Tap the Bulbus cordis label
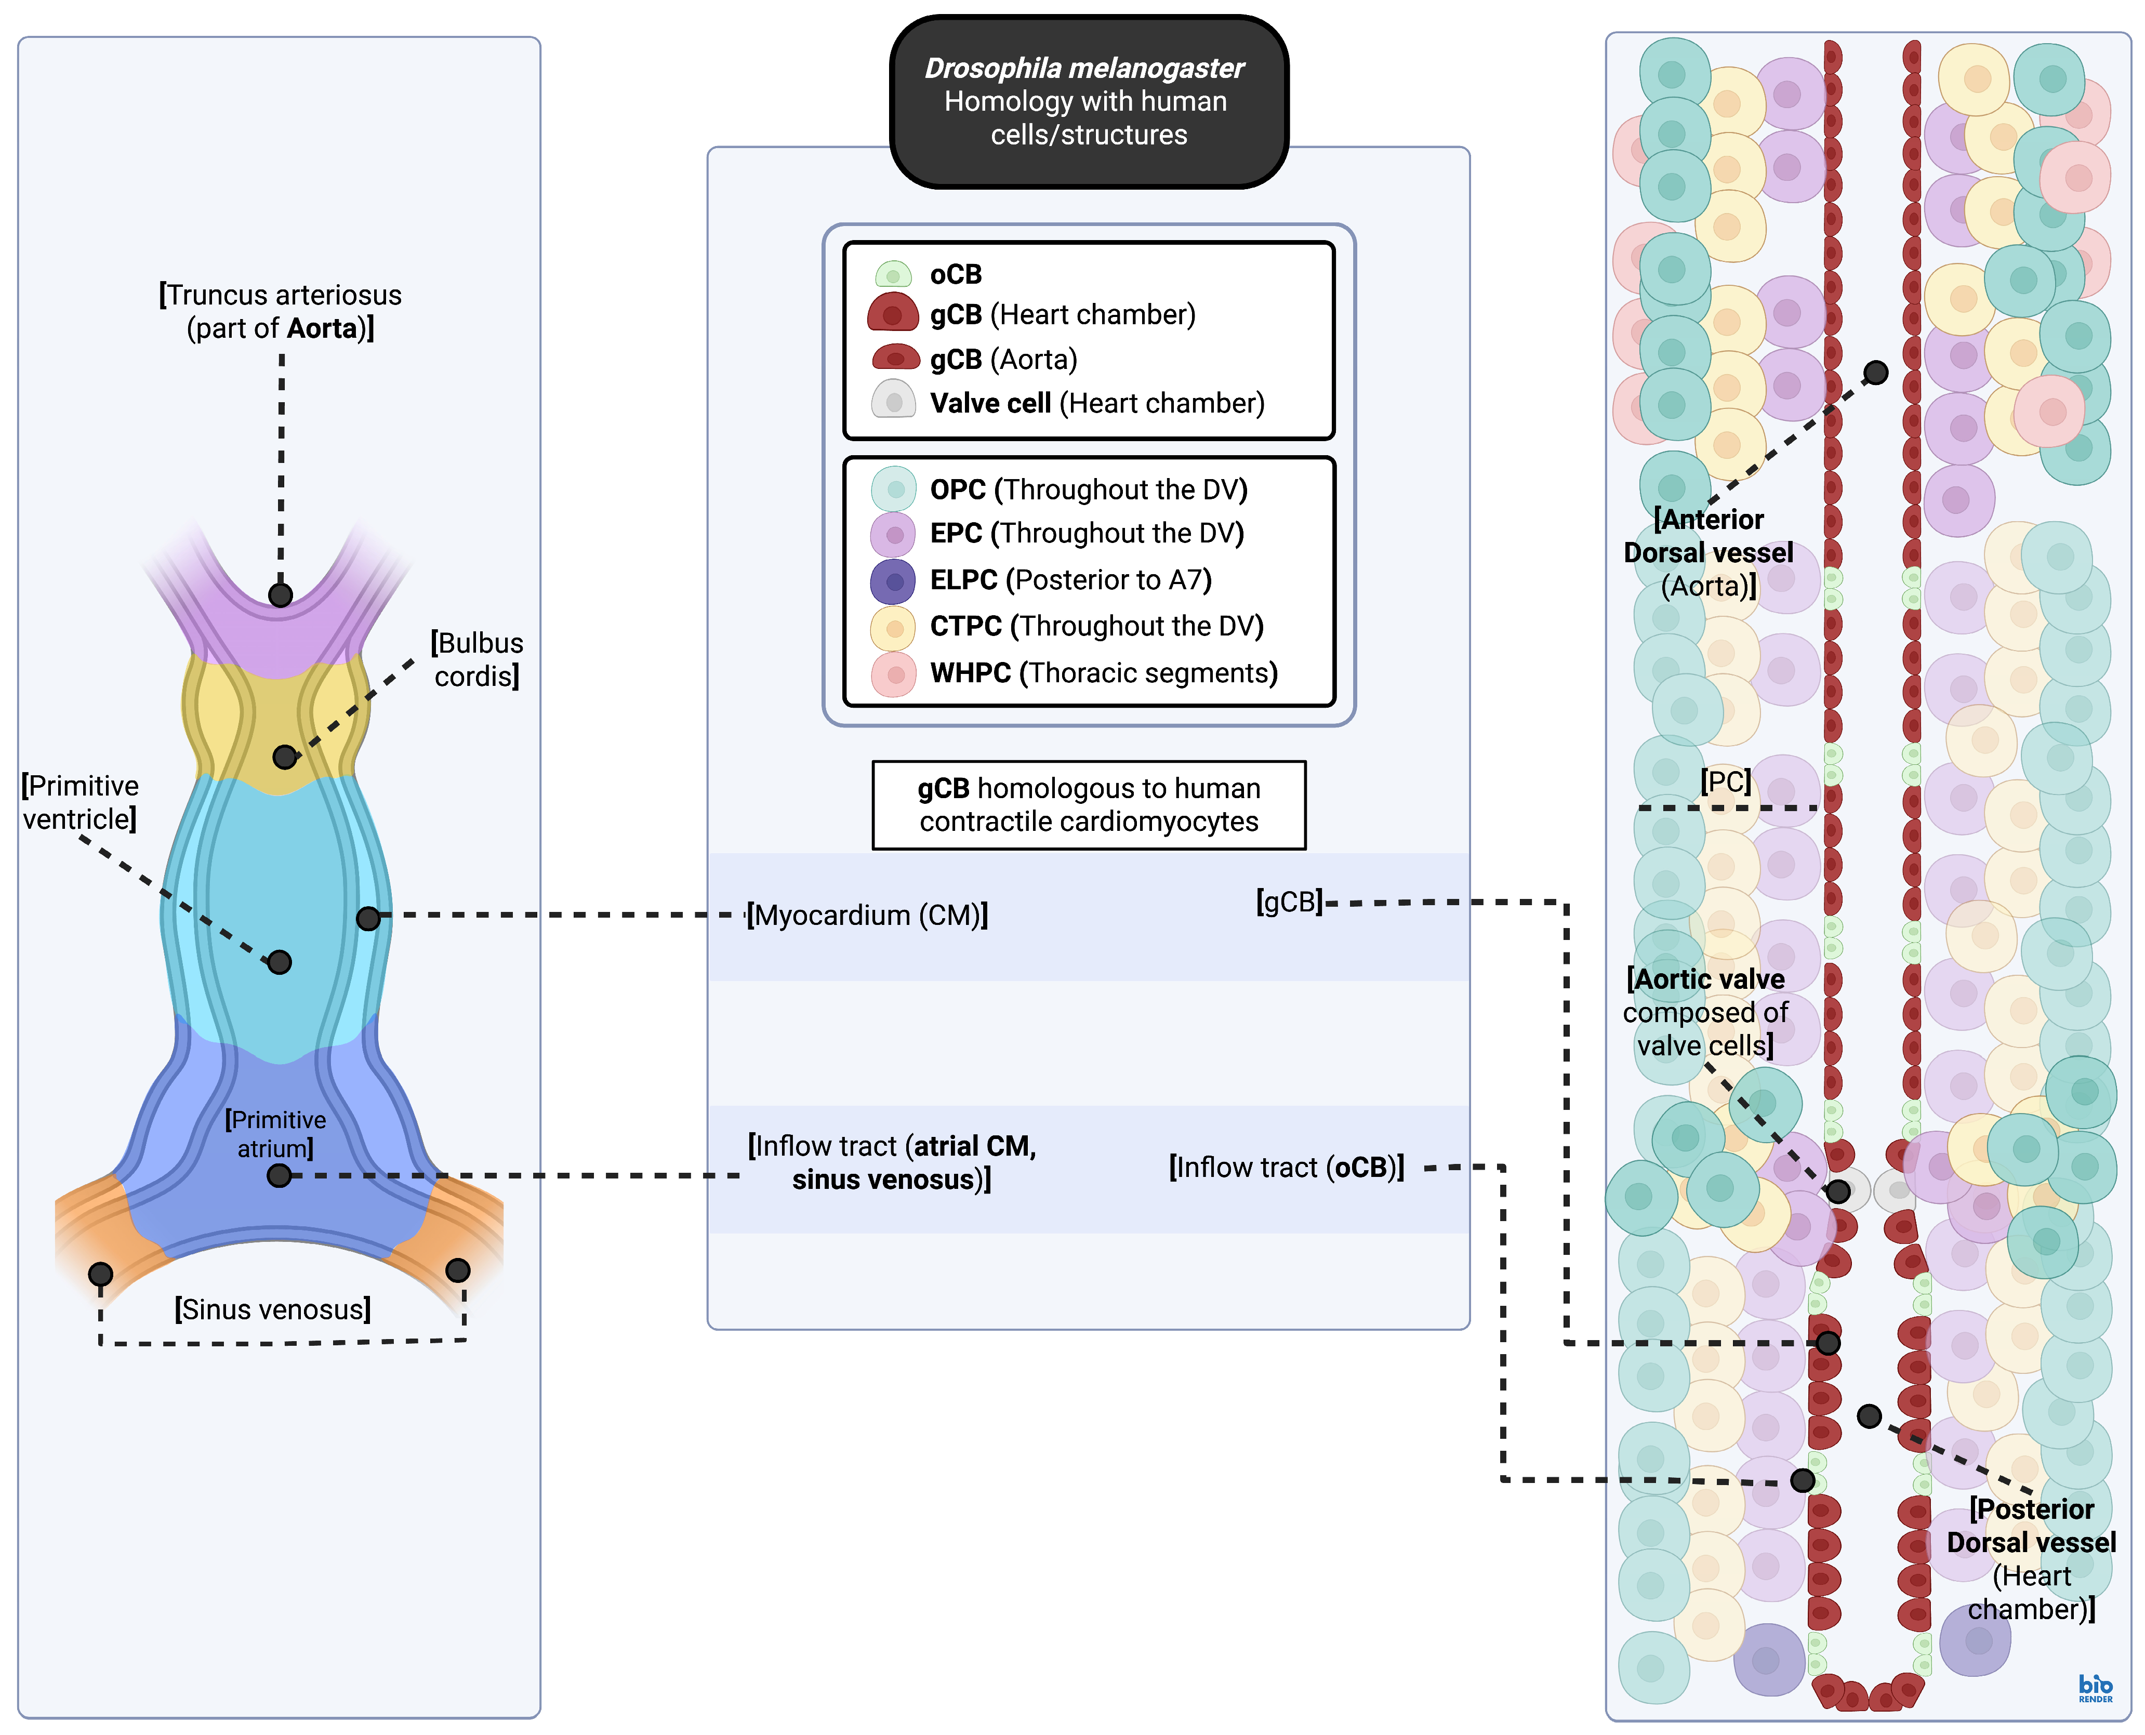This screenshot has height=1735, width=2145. [x=477, y=659]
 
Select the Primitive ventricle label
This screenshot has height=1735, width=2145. [x=80, y=802]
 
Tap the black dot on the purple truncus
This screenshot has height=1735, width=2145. [x=281, y=594]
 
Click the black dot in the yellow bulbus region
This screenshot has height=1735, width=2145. [x=285, y=757]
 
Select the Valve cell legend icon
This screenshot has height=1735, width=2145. [x=894, y=402]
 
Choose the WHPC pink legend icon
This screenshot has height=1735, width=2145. [x=894, y=673]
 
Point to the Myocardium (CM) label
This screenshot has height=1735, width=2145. [x=868, y=916]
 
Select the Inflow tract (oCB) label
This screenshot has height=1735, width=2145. [x=1287, y=1168]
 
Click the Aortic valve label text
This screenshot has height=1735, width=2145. [x=1705, y=1011]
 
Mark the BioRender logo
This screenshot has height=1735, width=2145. [x=2096, y=1689]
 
